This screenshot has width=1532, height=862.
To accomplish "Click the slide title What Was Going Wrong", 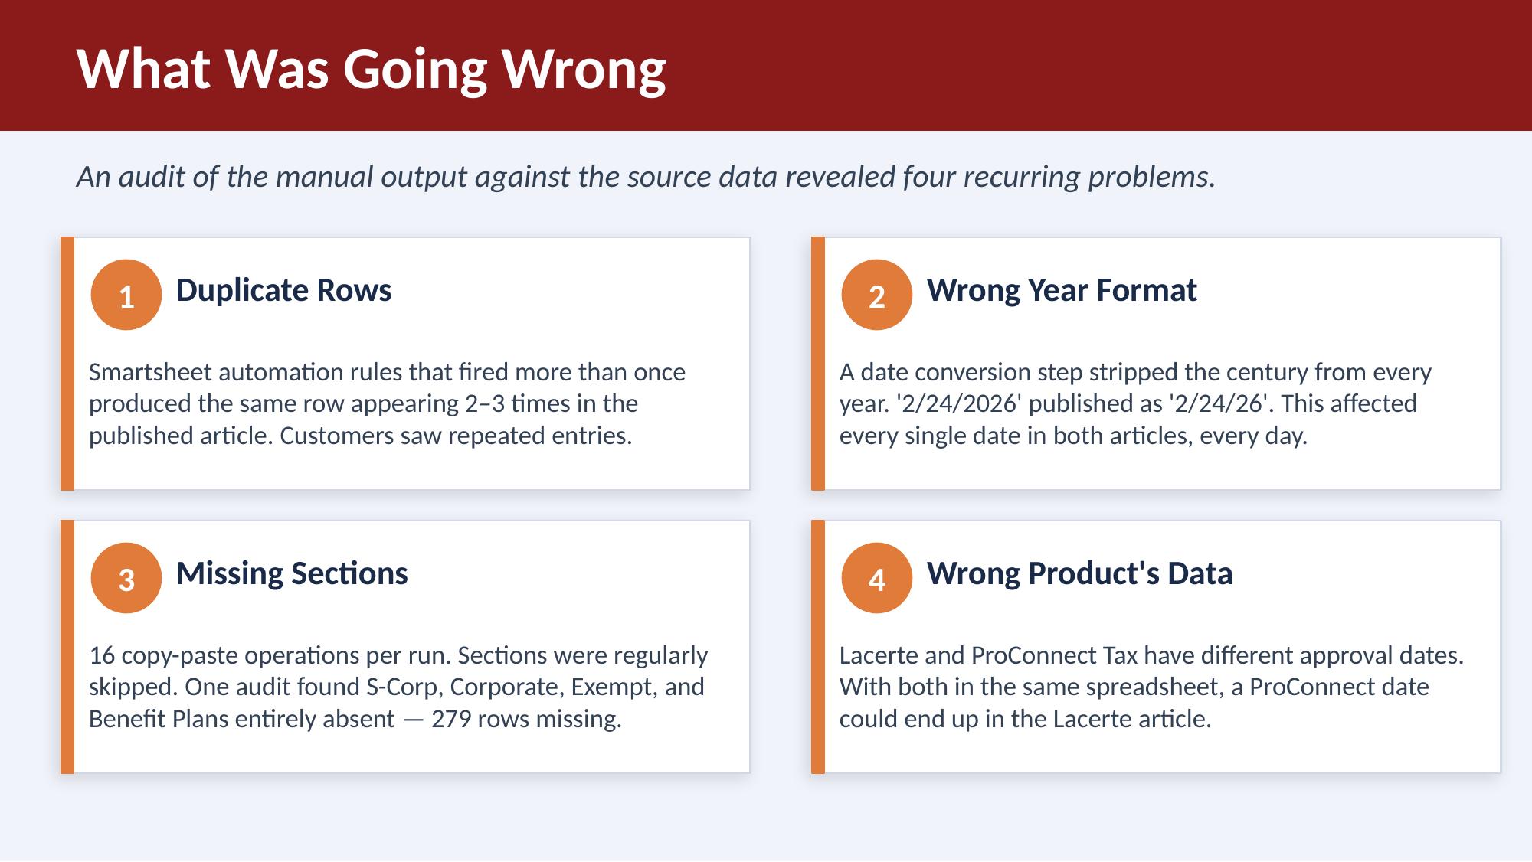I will [372, 69].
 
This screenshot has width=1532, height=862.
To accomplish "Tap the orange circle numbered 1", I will [126, 295].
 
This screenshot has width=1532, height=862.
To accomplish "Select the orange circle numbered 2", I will [877, 295].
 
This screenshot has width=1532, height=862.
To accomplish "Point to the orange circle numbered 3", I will [126, 578].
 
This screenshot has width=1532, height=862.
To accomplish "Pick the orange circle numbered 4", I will [877, 578].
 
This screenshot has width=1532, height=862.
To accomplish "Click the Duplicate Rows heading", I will [283, 290].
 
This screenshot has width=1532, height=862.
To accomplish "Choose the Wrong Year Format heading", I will [1062, 290].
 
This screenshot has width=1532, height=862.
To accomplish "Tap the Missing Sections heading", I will [292, 573].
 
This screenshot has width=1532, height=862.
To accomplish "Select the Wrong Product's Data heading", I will [1079, 573].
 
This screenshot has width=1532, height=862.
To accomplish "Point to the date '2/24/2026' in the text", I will [958, 403].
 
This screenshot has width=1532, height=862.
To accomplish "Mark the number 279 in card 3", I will [450, 719].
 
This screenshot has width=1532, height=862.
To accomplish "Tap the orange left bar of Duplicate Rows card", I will [67, 364].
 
